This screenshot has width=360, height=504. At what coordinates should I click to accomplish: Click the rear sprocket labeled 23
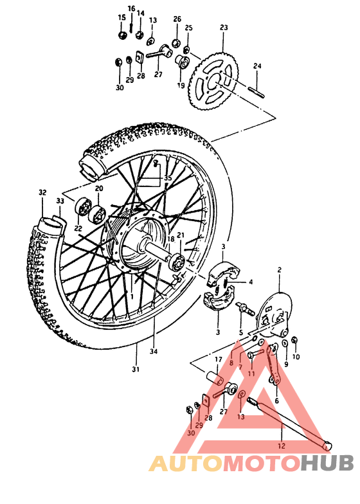216,82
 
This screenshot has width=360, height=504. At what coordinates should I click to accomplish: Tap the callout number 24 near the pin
257,66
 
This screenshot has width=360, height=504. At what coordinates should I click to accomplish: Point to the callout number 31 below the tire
136,368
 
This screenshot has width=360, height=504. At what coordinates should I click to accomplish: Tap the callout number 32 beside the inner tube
43,192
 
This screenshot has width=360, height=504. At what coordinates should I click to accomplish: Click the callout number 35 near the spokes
168,177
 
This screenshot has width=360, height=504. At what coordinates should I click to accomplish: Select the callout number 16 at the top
131,8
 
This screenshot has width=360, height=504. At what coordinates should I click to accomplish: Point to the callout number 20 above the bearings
98,188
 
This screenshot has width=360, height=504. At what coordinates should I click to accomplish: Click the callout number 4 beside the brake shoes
251,282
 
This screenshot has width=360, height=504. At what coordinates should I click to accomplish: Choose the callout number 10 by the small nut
296,356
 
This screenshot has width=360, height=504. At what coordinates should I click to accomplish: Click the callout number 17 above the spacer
218,359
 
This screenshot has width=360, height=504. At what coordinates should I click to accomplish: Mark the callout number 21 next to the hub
181,235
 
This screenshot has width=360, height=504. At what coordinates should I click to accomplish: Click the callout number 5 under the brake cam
242,332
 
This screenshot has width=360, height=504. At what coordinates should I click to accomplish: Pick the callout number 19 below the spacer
181,85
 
